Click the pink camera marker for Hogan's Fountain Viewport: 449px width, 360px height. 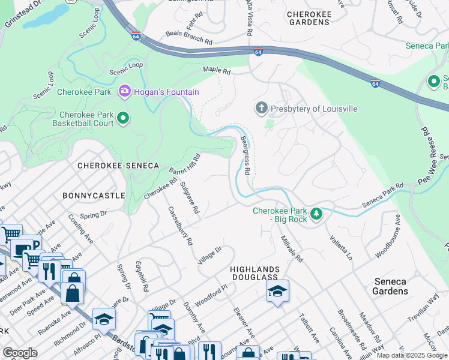coord(125,91)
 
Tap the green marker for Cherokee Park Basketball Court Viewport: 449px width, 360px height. coord(123,118)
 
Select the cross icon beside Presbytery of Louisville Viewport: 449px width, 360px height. coord(261,108)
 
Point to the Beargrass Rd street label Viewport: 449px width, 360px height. coord(245,155)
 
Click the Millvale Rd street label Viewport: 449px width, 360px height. coord(292,248)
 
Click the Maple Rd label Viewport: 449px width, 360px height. coord(217,71)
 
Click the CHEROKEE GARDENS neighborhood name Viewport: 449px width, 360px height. coord(309,17)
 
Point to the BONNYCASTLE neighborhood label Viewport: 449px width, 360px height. coord(94,196)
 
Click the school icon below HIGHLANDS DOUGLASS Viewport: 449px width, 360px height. coord(277,292)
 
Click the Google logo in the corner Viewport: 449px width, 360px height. coord(20,353)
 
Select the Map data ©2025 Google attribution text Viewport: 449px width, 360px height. coord(411,355)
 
